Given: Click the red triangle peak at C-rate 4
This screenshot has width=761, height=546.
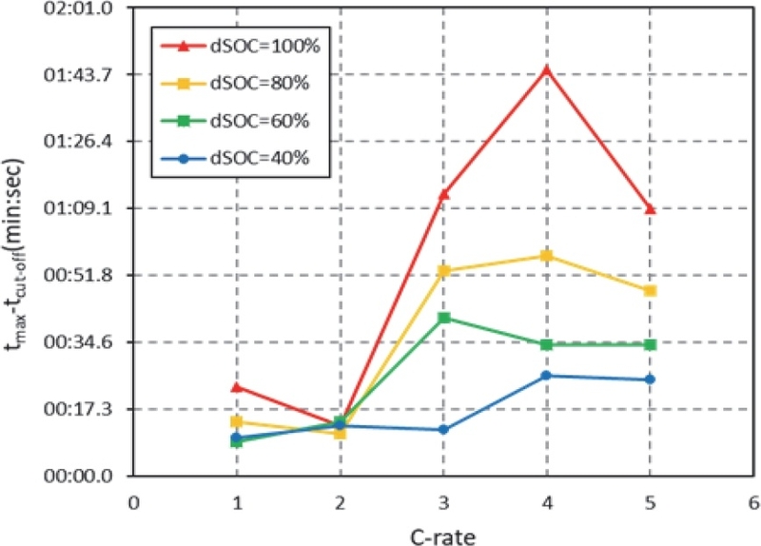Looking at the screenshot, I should click(546, 69).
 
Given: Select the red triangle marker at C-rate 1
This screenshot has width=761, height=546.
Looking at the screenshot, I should click(236, 387).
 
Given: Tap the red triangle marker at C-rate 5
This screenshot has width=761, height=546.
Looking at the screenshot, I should click(650, 208).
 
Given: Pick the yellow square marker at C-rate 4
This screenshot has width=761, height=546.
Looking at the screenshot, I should click(546, 256).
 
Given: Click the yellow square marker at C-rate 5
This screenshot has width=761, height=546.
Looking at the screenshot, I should click(650, 290).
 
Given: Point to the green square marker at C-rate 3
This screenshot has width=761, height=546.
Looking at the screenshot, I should click(443, 318).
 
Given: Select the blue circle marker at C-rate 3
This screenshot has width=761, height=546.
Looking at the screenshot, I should click(443, 430).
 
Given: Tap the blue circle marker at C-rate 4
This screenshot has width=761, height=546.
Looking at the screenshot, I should click(546, 376).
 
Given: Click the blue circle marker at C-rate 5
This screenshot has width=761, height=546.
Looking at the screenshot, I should click(650, 380).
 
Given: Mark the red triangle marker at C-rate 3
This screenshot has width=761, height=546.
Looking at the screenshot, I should click(443, 194).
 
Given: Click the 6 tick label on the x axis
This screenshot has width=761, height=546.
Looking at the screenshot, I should click(752, 500).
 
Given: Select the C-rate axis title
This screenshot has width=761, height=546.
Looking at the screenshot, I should click(443, 534).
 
